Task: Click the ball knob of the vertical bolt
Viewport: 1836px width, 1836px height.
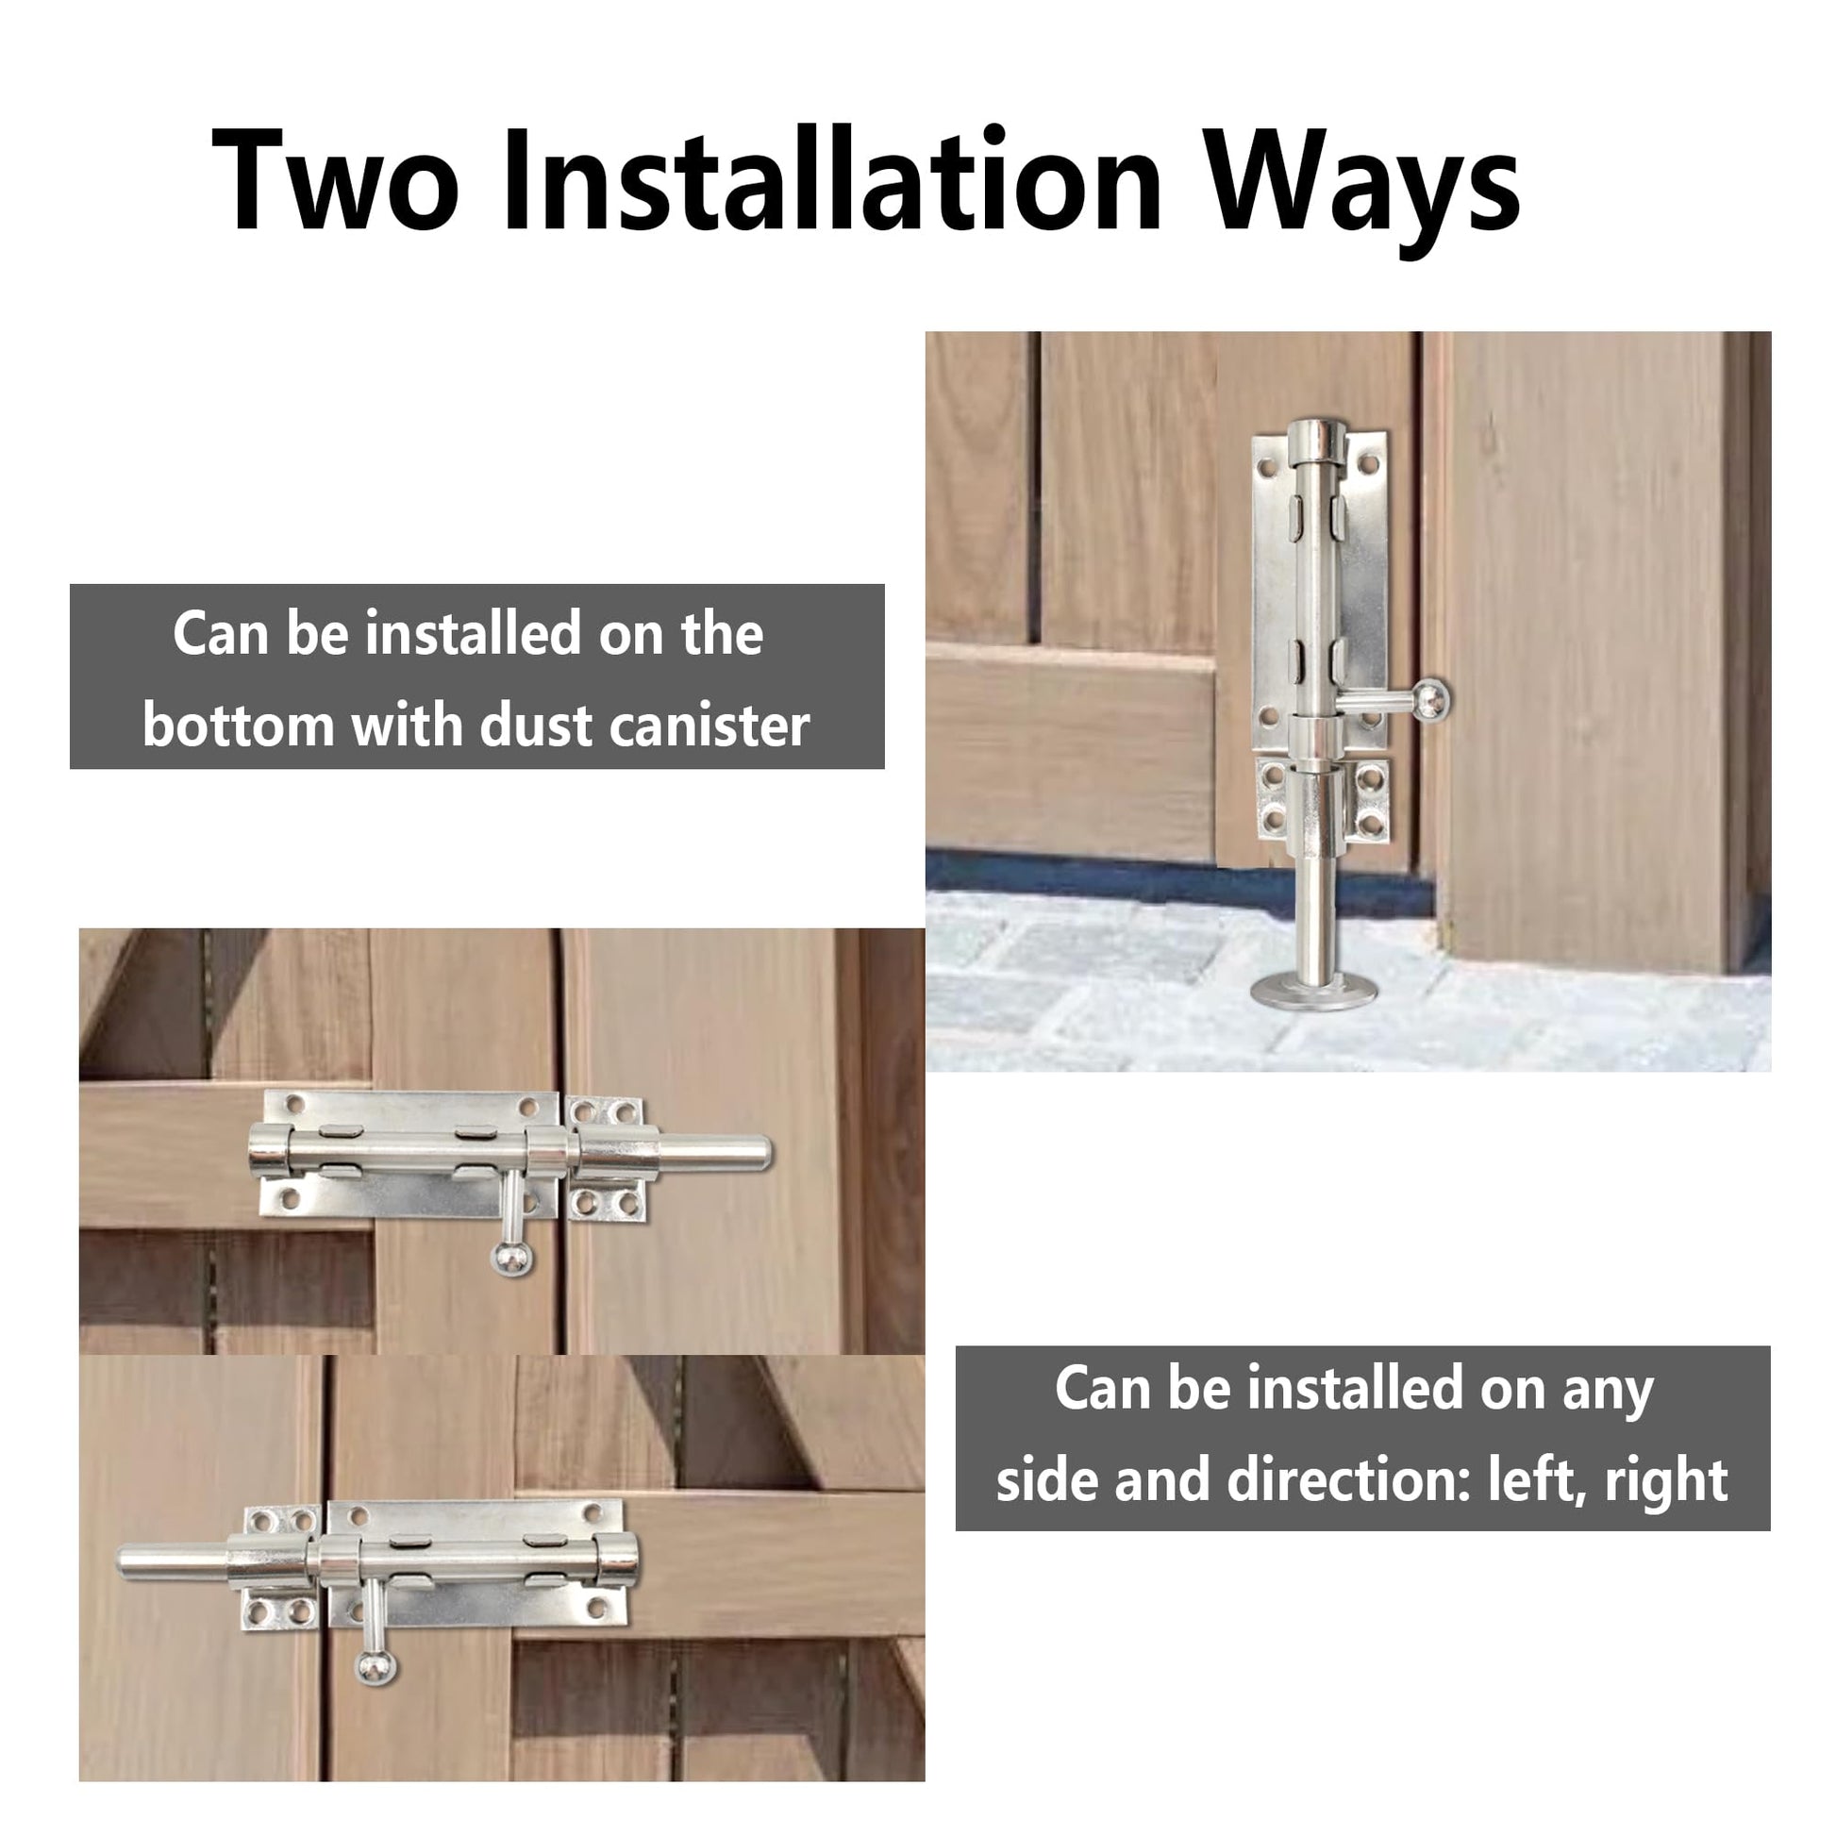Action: point(1430,700)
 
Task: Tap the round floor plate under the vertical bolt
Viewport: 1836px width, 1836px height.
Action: point(1312,993)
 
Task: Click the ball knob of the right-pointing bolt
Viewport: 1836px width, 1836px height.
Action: point(512,1258)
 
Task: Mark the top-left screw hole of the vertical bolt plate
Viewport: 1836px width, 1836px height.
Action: point(1266,468)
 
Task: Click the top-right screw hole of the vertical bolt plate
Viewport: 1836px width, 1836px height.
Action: point(1368,465)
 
